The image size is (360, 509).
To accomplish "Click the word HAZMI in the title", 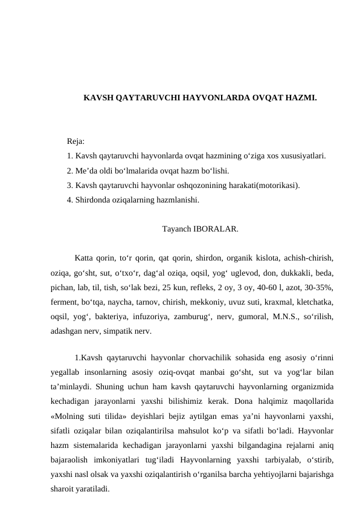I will click(302, 97).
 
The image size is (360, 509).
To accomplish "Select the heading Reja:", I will click(76, 141).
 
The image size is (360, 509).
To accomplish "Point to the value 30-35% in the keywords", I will click(318, 288).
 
